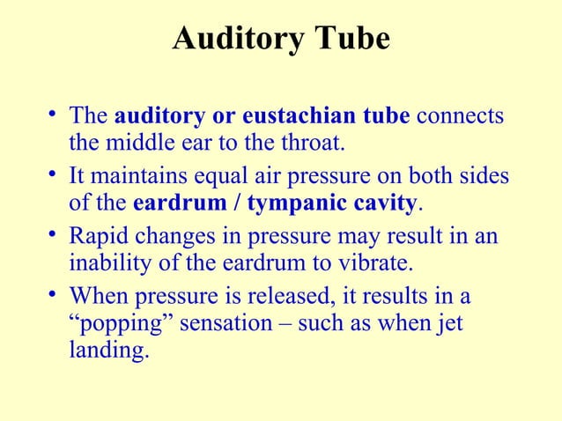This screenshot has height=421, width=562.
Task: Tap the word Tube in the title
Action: point(354,40)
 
